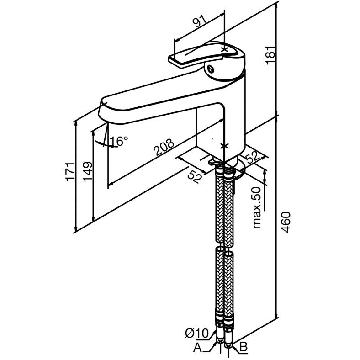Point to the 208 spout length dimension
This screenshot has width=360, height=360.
point(164,148)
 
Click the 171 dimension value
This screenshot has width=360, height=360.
point(70,171)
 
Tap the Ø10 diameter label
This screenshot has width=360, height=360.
point(197,334)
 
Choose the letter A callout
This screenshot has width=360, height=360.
point(197,349)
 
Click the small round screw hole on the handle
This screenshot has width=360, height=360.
point(211,69)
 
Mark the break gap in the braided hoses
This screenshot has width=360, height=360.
point(224,245)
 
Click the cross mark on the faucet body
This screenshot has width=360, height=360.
point(224,146)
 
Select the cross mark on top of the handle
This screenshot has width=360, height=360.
point(224,48)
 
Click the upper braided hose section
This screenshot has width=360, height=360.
point(224,206)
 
